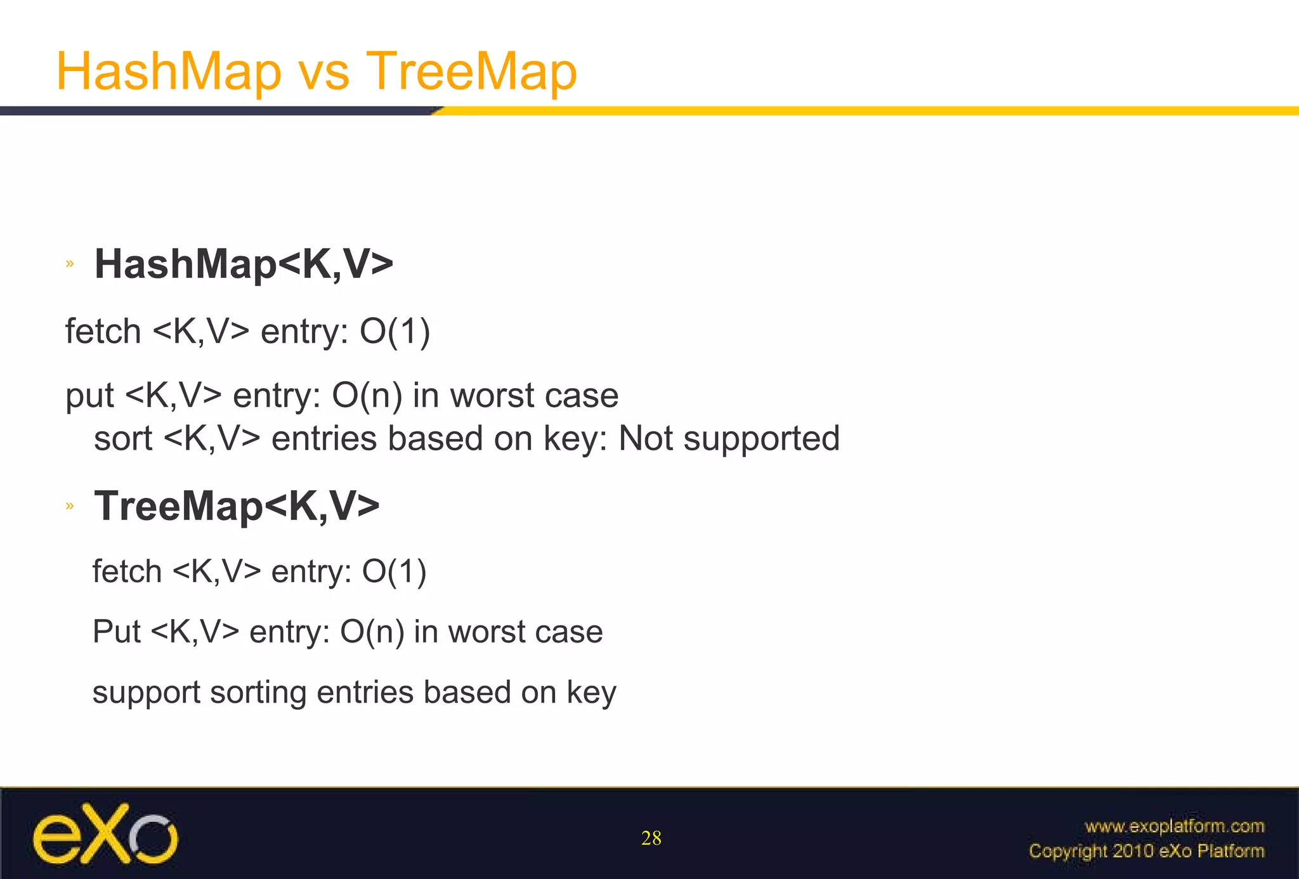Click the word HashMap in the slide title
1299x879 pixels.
[169, 71]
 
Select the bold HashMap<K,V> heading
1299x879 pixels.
[244, 264]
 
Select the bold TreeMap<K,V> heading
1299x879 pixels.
[237, 506]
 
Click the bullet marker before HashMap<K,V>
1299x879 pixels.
[70, 264]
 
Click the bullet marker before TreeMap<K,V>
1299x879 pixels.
[70, 506]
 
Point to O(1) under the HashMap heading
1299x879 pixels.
[395, 332]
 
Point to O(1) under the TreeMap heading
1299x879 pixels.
[394, 571]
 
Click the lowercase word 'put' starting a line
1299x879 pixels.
[89, 397]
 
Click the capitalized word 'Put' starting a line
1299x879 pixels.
[117, 632]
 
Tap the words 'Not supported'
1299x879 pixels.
[729, 438]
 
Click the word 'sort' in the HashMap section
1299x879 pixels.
[123, 438]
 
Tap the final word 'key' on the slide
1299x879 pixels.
[591, 693]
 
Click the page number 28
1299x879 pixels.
[651, 838]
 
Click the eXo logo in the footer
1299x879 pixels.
[105, 835]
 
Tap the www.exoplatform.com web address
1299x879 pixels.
[1174, 826]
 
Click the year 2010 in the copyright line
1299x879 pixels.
[1133, 851]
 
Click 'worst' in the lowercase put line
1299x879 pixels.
[492, 396]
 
